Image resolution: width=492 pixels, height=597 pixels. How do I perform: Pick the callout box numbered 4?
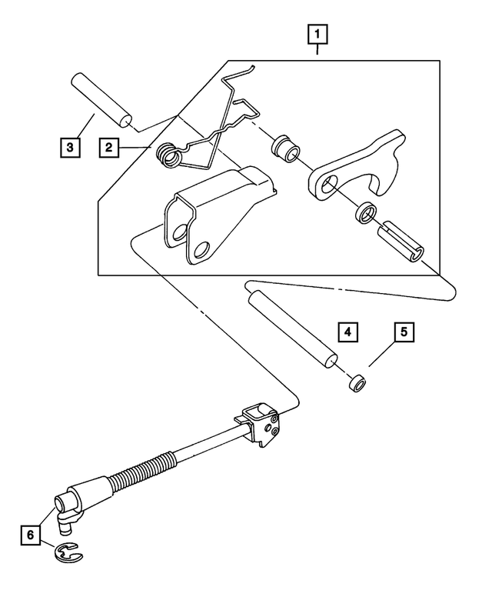[347, 333]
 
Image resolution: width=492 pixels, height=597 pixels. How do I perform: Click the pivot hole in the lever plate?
[327, 185]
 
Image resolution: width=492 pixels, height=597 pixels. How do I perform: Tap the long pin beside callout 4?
[291, 323]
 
